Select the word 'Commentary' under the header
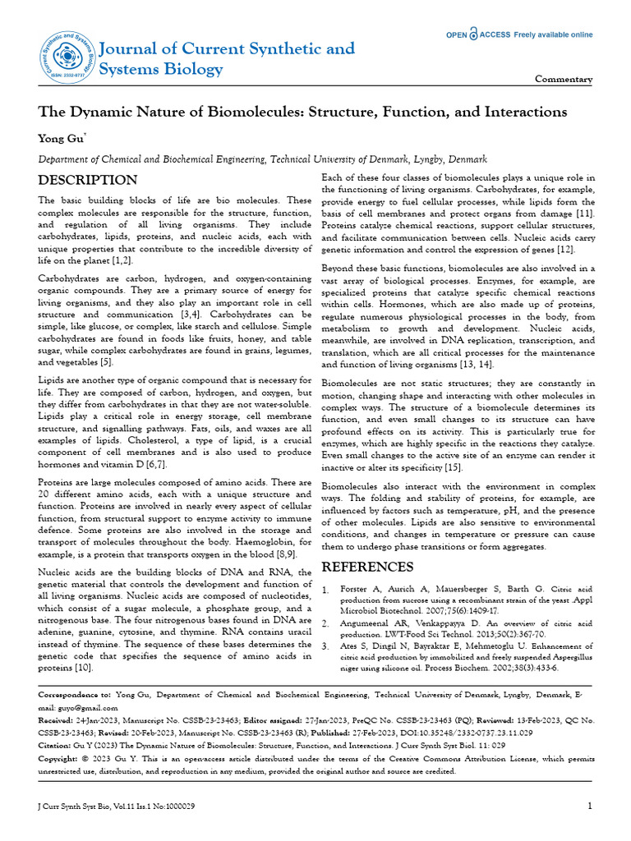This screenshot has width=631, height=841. point(564,80)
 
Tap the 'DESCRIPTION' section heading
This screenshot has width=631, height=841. point(88,181)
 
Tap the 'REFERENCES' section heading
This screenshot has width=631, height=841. point(367,568)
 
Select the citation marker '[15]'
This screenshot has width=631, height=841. point(454,466)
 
